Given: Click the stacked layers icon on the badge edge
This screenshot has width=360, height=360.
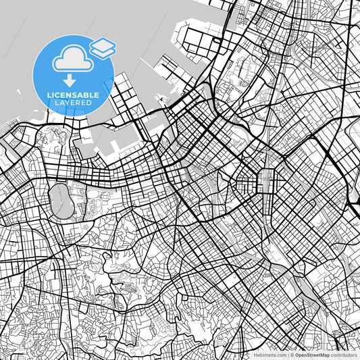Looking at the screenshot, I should click(102, 47).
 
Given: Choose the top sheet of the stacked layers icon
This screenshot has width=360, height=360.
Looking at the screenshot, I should click(102, 44).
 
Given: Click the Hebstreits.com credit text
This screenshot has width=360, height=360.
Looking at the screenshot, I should click(270, 354).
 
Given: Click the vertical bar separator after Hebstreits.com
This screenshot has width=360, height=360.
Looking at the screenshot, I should click(288, 354).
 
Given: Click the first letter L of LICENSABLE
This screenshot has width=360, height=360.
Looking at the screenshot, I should click(49, 95).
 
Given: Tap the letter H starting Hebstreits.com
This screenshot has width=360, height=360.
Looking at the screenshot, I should click(255, 354).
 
